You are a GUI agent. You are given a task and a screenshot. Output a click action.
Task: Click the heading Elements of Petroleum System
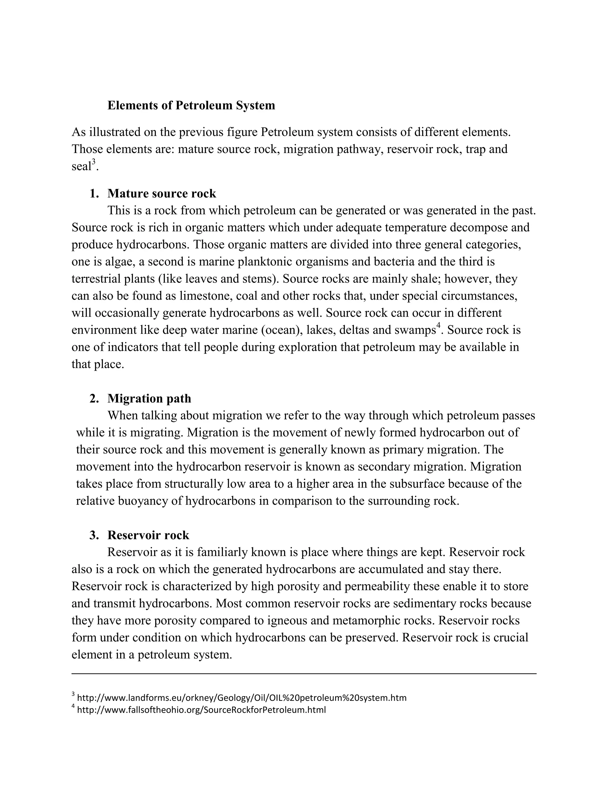tap(191, 106)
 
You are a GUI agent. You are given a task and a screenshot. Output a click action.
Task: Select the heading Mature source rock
tap(161, 194)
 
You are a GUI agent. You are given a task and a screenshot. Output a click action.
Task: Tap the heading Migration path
tap(149, 399)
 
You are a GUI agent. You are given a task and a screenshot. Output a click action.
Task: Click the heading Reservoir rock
tap(148, 535)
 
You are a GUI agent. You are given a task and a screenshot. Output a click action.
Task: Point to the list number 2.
tap(94, 399)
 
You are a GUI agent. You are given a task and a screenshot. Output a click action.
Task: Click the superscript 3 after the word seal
tap(94, 162)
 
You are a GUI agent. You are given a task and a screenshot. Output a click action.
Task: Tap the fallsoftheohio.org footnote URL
tap(201, 710)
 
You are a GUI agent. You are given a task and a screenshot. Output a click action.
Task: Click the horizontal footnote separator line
tap(304, 673)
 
